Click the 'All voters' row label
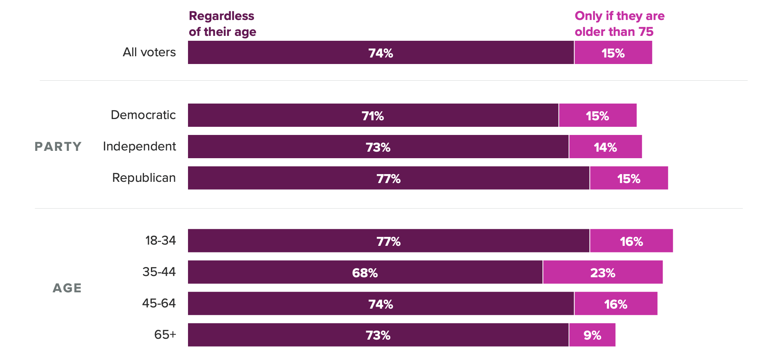[x=149, y=52]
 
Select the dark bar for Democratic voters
[x=373, y=115]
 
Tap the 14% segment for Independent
[x=605, y=147]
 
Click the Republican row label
[x=144, y=178]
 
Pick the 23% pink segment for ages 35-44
[x=602, y=272]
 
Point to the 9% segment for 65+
[x=592, y=335]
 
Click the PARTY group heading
[x=58, y=146]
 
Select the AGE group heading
[x=67, y=288]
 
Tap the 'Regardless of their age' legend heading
[x=222, y=24]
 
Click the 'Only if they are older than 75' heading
[x=619, y=24]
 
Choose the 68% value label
[x=365, y=273]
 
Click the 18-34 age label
[x=161, y=241]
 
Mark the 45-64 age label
[x=159, y=303]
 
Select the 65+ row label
[x=165, y=335]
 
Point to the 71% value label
[x=373, y=116]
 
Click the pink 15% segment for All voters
[x=613, y=53]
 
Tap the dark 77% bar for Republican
[x=388, y=178]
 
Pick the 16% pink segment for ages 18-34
[x=631, y=241]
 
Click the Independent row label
[x=139, y=146]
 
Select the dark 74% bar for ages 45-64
[x=380, y=304]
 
